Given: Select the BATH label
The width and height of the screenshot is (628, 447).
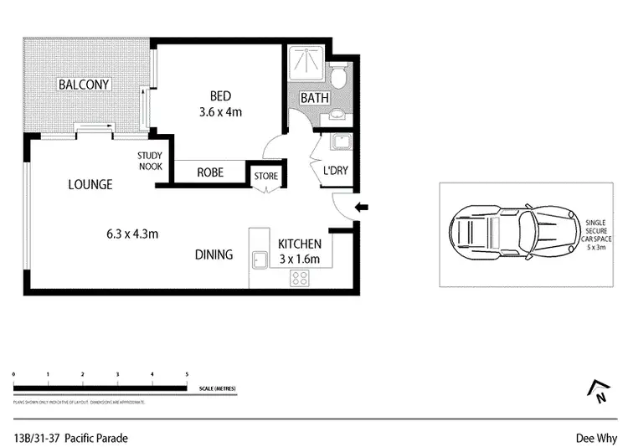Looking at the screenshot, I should click(x=315, y=98).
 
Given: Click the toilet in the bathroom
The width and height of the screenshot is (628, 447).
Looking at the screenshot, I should click(x=337, y=78).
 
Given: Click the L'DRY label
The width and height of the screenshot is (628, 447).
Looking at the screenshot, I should click(x=335, y=172).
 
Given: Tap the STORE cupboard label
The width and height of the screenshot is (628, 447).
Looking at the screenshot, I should click(x=266, y=176).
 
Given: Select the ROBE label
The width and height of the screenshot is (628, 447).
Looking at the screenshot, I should click(x=209, y=172).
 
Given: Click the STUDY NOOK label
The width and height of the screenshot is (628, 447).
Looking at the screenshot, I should click(x=151, y=161).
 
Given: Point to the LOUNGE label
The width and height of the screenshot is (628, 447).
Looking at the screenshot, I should click(x=90, y=184).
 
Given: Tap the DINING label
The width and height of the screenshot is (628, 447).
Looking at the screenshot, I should click(x=214, y=254).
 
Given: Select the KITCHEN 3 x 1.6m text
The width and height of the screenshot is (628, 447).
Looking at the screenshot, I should click(x=299, y=250).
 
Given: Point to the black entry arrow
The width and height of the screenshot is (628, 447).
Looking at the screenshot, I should click(x=362, y=208).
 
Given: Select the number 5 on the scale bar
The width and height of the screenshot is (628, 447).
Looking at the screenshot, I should click(x=186, y=374).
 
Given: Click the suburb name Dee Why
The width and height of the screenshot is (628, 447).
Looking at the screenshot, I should click(x=595, y=437).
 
